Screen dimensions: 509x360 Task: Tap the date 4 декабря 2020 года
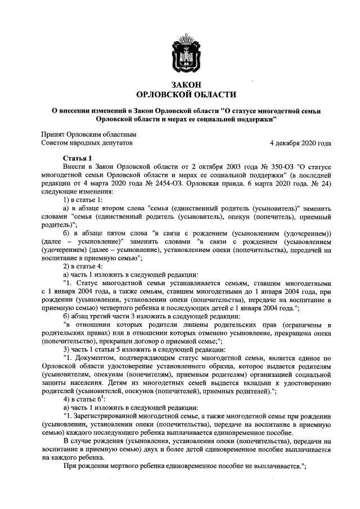(300, 143)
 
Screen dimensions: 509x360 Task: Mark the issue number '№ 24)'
(322, 183)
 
